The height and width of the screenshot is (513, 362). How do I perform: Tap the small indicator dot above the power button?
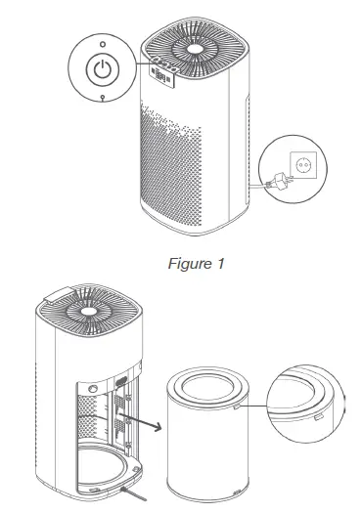[103, 44]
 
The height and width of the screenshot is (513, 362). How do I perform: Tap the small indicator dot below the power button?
[103, 100]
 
